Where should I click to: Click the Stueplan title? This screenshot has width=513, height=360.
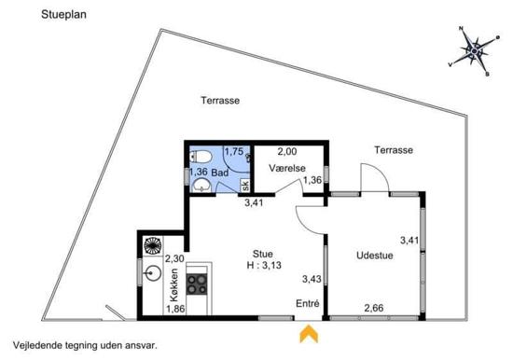coord(63,15)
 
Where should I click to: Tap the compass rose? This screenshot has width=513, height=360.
coord(474,51)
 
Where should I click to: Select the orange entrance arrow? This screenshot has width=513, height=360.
coord(309,334)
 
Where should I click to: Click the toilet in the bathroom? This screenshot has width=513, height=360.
coord(201,157)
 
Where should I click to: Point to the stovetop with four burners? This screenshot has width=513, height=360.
coord(197,284)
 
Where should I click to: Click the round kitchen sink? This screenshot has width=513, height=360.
coord(153,273)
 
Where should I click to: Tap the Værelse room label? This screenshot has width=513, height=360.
coord(287,168)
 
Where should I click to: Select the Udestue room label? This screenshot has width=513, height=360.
coord(375,256)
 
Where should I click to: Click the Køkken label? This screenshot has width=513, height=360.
coord(174,285)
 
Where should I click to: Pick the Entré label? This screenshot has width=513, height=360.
coord(308,303)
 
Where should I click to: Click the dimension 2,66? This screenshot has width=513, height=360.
coord(374,308)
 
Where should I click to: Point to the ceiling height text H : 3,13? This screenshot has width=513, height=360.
coord(264,265)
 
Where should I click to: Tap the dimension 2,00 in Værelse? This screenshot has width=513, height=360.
coord(287,151)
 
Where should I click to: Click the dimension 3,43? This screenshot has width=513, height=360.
coord(312,279)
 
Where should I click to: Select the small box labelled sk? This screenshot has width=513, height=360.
coord(245,186)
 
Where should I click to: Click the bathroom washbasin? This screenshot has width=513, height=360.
coord(201,186)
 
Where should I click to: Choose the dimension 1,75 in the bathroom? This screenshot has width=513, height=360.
coord(234,151)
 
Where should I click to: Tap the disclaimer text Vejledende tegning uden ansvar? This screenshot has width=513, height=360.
coord(86,345)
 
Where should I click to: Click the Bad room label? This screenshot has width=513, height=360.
coord(220,173)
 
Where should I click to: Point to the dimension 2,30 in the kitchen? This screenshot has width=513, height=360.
coord(174,259)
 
